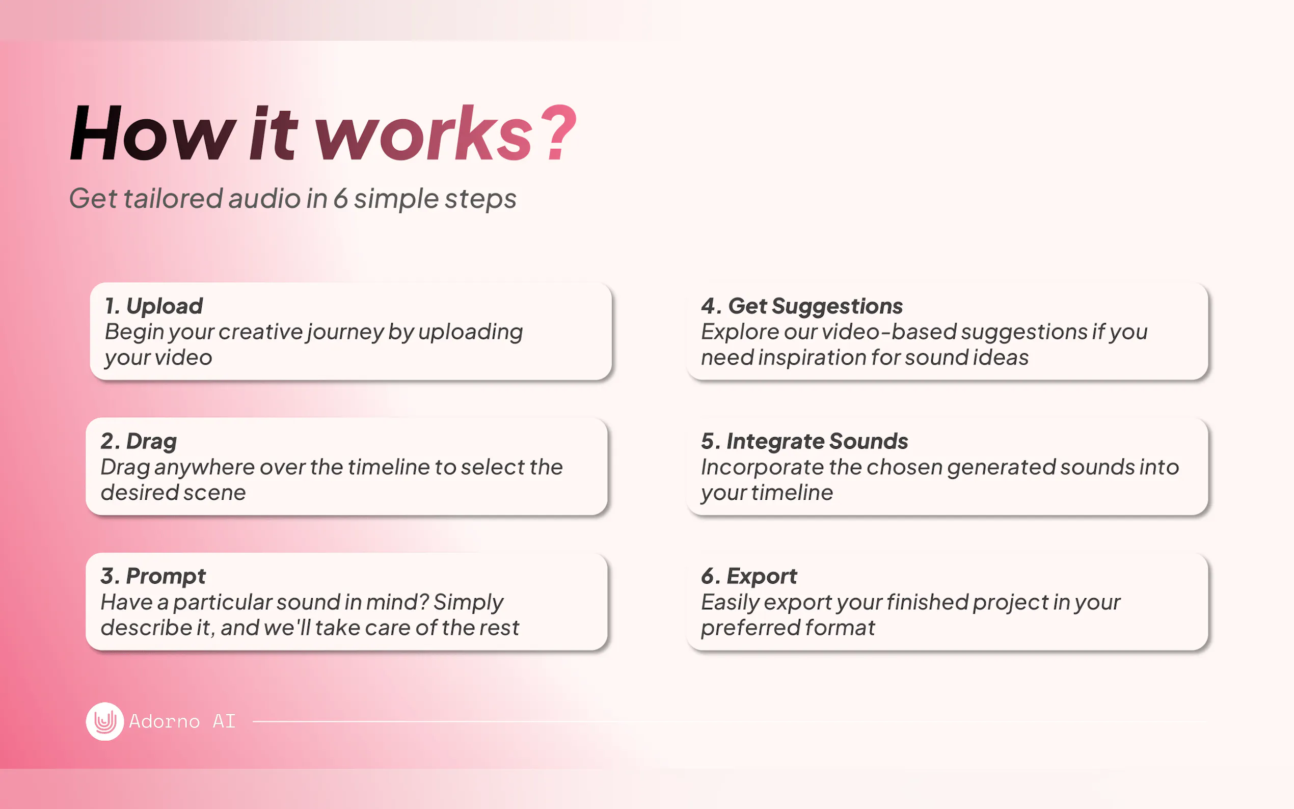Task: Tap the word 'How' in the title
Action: pos(152,132)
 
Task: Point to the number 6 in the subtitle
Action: pos(340,198)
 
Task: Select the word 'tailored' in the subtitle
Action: pos(173,198)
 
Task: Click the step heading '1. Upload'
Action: pos(154,306)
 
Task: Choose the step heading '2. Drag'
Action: pos(139,441)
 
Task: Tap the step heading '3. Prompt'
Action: pos(153,576)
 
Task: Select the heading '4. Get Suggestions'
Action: pos(802,306)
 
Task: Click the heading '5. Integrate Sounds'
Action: pos(804,441)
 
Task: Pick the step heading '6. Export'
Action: pos(749,576)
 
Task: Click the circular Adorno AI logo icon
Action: pos(105,721)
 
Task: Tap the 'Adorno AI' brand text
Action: pos(182,721)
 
